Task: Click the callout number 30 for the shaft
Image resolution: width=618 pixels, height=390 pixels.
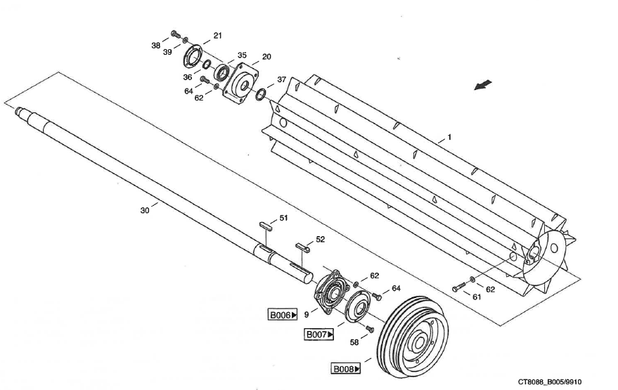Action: click(145, 209)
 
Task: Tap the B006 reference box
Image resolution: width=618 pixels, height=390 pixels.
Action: click(283, 316)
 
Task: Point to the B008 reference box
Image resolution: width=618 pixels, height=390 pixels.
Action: click(346, 368)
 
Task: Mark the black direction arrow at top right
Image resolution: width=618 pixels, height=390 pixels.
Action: click(483, 85)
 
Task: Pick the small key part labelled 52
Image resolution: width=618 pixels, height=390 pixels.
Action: click(303, 247)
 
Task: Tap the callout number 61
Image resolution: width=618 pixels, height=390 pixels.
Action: click(477, 297)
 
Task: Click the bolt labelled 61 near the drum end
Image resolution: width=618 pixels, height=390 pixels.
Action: click(458, 287)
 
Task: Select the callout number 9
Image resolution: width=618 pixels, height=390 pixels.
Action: click(307, 315)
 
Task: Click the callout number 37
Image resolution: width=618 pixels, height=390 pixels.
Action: click(282, 79)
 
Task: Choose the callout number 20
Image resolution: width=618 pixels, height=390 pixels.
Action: click(267, 56)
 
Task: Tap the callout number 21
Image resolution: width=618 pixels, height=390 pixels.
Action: click(218, 35)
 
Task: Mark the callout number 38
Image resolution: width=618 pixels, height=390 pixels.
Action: click(156, 45)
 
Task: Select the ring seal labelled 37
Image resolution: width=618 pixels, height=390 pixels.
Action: click(260, 94)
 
